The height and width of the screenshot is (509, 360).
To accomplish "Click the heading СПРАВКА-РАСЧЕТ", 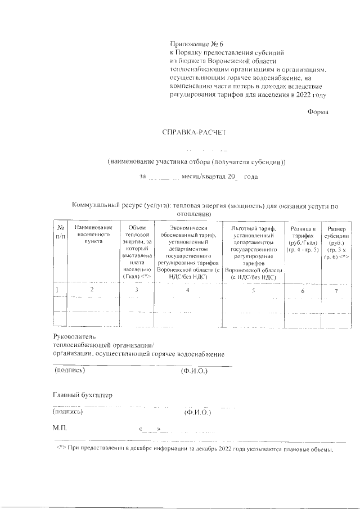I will coord(193,133).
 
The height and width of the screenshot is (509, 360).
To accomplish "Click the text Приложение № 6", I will coord(196,43).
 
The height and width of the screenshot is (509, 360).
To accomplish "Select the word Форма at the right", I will coord(318,112).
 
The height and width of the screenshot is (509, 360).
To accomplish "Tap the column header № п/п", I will coord(60,231).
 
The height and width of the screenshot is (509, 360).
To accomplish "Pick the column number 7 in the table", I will coord(336,291).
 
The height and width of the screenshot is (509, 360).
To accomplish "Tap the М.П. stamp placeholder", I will coord(59,428).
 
